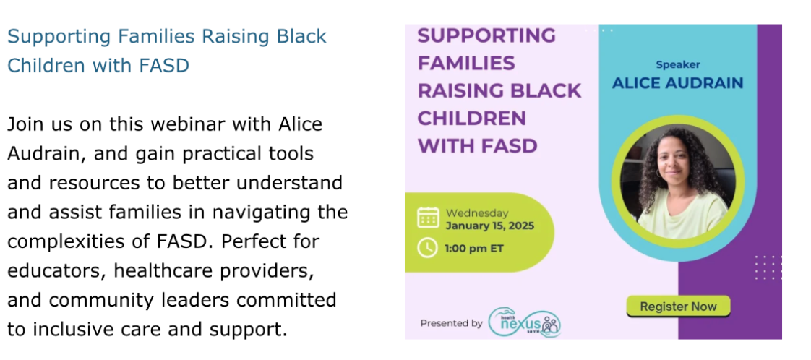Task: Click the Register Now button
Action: coord(678,307)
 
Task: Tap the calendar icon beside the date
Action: coord(428,218)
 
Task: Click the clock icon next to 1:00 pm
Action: coord(428,248)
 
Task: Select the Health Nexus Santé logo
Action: coord(525,322)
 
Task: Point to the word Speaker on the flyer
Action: coord(677,64)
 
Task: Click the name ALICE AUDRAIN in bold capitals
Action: coord(677,82)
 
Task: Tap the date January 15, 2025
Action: coord(490,226)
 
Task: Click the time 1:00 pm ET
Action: coord(473,249)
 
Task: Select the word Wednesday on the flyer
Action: coord(477,213)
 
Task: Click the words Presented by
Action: coord(451,323)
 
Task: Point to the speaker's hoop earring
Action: coord(659,172)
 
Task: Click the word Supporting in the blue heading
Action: coord(59,38)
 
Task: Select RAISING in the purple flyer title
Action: coord(455,91)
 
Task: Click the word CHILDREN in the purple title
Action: coord(472,119)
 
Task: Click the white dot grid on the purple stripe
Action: coord(768,267)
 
